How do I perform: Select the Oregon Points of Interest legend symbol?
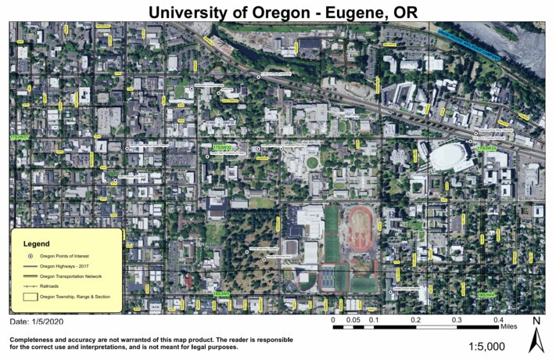(30, 256)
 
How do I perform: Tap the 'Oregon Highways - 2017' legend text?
(66, 267)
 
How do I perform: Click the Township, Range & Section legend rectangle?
(30, 297)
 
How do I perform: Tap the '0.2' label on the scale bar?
(415, 319)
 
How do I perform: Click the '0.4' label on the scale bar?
(498, 319)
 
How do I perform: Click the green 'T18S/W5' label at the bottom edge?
(222, 294)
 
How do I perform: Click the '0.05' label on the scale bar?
(353, 319)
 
